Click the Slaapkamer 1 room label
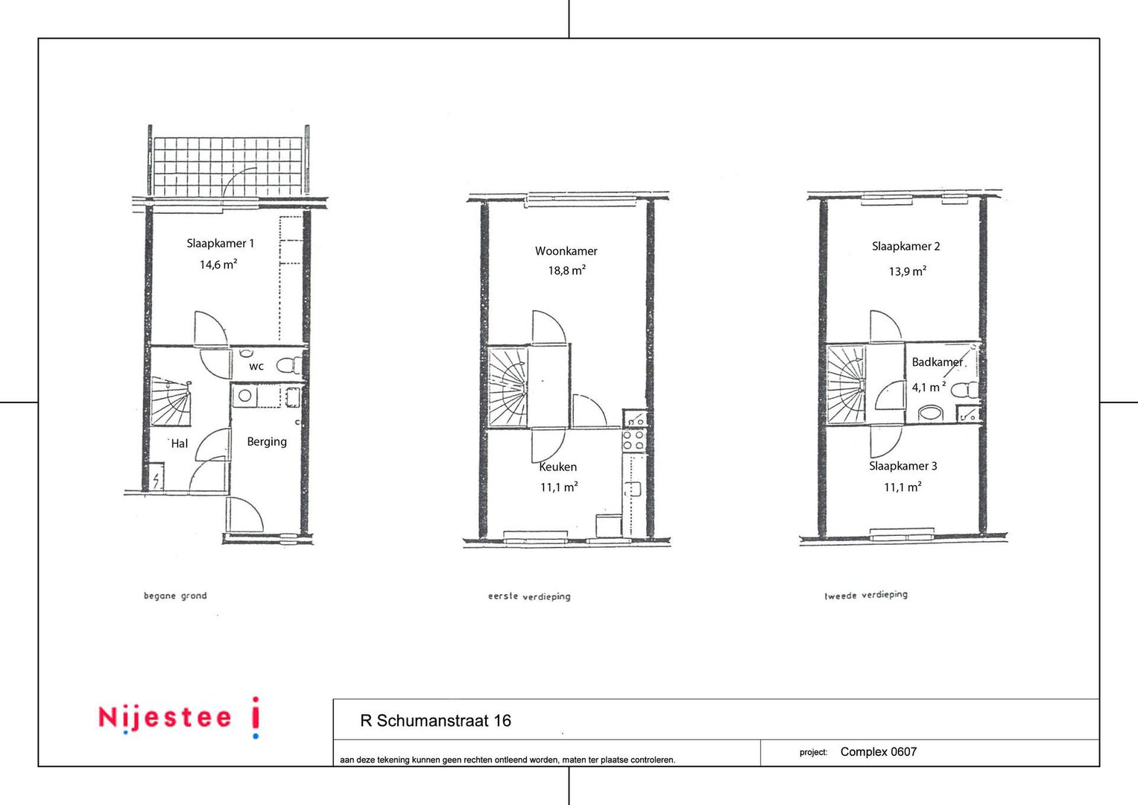220,244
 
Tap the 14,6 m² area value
218,265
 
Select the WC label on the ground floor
256,367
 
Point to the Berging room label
267,441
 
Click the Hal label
180,443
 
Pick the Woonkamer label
566,251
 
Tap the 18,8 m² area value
567,271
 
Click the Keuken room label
558,467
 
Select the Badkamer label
938,362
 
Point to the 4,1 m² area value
929,388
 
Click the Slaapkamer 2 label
905,247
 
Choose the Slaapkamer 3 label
903,466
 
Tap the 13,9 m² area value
908,271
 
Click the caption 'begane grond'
175,596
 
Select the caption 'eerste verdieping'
529,596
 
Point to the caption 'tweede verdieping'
866,595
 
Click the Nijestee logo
180,717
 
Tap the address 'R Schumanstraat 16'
435,721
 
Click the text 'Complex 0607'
879,751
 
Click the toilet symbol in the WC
289,365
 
